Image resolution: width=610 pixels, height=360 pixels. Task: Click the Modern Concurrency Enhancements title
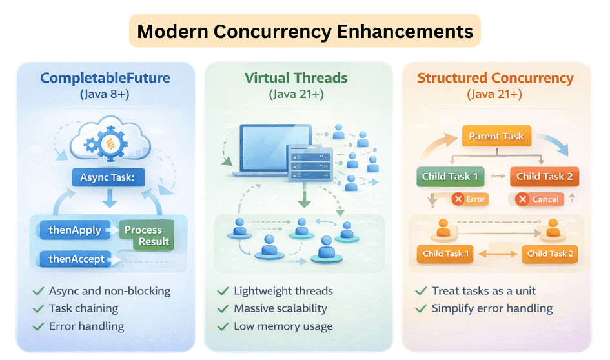(x=305, y=31)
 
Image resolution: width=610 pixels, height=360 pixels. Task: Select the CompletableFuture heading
(x=105, y=79)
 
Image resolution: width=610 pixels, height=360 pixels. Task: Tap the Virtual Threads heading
(x=296, y=79)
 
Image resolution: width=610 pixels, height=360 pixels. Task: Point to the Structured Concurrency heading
(x=495, y=79)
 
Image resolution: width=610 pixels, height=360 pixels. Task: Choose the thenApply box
(x=74, y=230)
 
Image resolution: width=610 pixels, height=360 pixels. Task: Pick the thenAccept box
(x=76, y=259)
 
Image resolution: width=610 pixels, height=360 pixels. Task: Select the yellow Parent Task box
(x=496, y=137)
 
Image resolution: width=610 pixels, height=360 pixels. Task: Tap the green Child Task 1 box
(x=450, y=177)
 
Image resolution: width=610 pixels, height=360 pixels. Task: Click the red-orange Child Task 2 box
(x=544, y=177)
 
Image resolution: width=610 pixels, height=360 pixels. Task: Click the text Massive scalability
(x=280, y=308)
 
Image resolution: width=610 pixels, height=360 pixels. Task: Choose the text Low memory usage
(x=283, y=326)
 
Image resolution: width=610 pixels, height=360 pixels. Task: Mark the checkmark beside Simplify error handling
(x=421, y=308)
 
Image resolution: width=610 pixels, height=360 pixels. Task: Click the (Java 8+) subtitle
(x=105, y=95)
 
